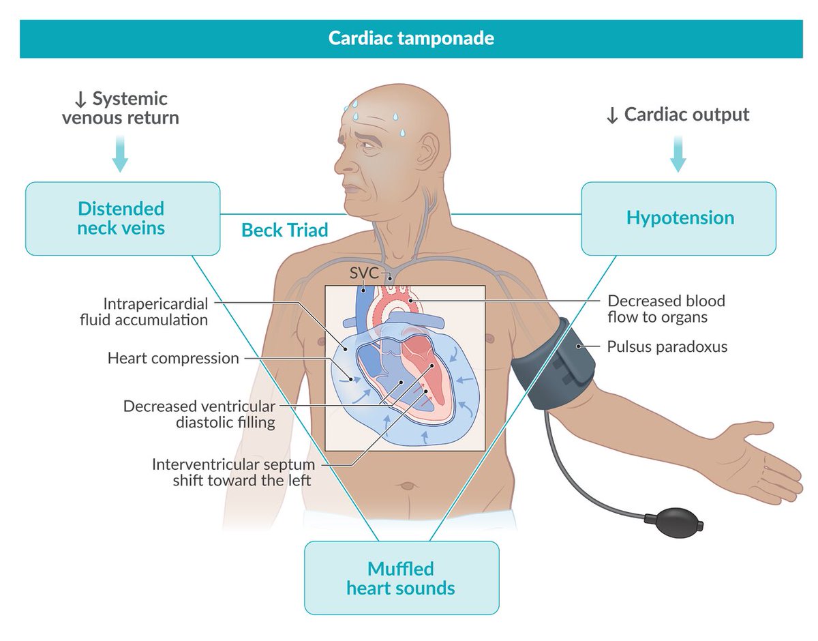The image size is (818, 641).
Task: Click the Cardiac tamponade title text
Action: point(411,38)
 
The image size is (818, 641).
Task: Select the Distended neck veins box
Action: point(122,218)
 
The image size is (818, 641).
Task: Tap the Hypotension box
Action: point(679,218)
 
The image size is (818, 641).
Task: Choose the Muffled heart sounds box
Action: point(401,578)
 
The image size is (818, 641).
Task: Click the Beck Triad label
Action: point(284,230)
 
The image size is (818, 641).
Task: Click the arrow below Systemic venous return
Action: point(119,155)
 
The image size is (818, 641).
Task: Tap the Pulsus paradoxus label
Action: point(667,346)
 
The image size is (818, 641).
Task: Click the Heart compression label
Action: point(173,358)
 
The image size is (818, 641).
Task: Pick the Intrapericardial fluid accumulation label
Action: point(155,311)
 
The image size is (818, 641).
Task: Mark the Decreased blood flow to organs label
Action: point(666,309)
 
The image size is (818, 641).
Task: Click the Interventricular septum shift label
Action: point(234,472)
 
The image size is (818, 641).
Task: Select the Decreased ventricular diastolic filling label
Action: point(199,414)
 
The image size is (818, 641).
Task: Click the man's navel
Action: point(407,486)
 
